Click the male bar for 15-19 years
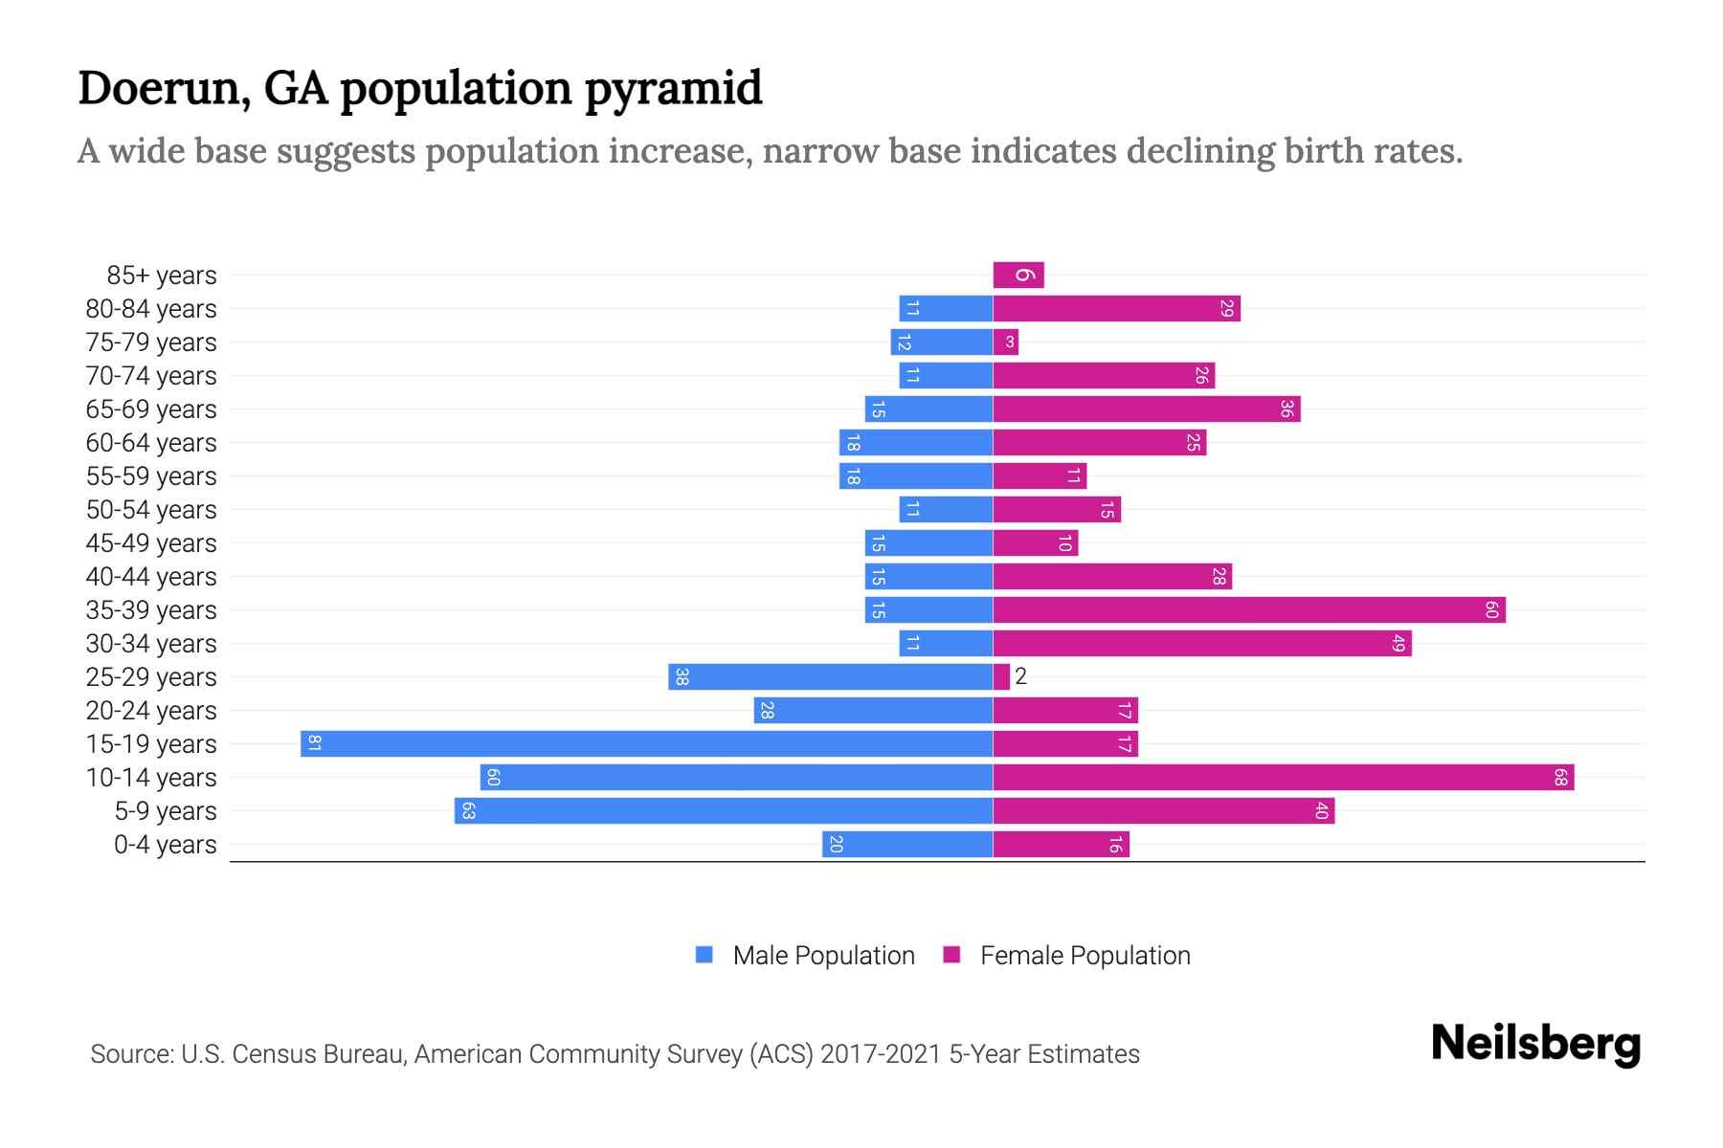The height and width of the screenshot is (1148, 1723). click(x=646, y=743)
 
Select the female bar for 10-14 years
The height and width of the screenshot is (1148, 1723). click(x=1283, y=777)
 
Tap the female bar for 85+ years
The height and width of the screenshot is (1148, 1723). click(x=1018, y=276)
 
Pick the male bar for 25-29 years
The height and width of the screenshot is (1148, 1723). click(x=830, y=676)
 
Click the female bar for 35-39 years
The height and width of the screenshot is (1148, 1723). click(x=1249, y=609)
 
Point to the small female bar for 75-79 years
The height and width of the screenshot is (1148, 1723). click(x=1005, y=342)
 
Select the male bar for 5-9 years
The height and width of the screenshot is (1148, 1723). click(x=723, y=810)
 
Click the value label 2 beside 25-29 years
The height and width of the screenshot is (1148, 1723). click(x=1020, y=676)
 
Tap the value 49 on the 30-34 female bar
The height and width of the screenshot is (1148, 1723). click(x=1399, y=643)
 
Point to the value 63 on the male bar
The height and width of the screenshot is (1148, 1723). click(x=468, y=810)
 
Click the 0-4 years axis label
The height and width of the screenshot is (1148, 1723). click(x=165, y=845)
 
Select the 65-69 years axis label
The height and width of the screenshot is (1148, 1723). click(x=151, y=409)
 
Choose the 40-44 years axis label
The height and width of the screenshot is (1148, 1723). click(x=151, y=577)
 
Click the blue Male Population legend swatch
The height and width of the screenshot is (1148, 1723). click(x=705, y=955)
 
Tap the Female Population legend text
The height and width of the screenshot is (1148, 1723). click(x=1085, y=956)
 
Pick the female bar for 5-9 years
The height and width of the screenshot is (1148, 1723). click(x=1163, y=810)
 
